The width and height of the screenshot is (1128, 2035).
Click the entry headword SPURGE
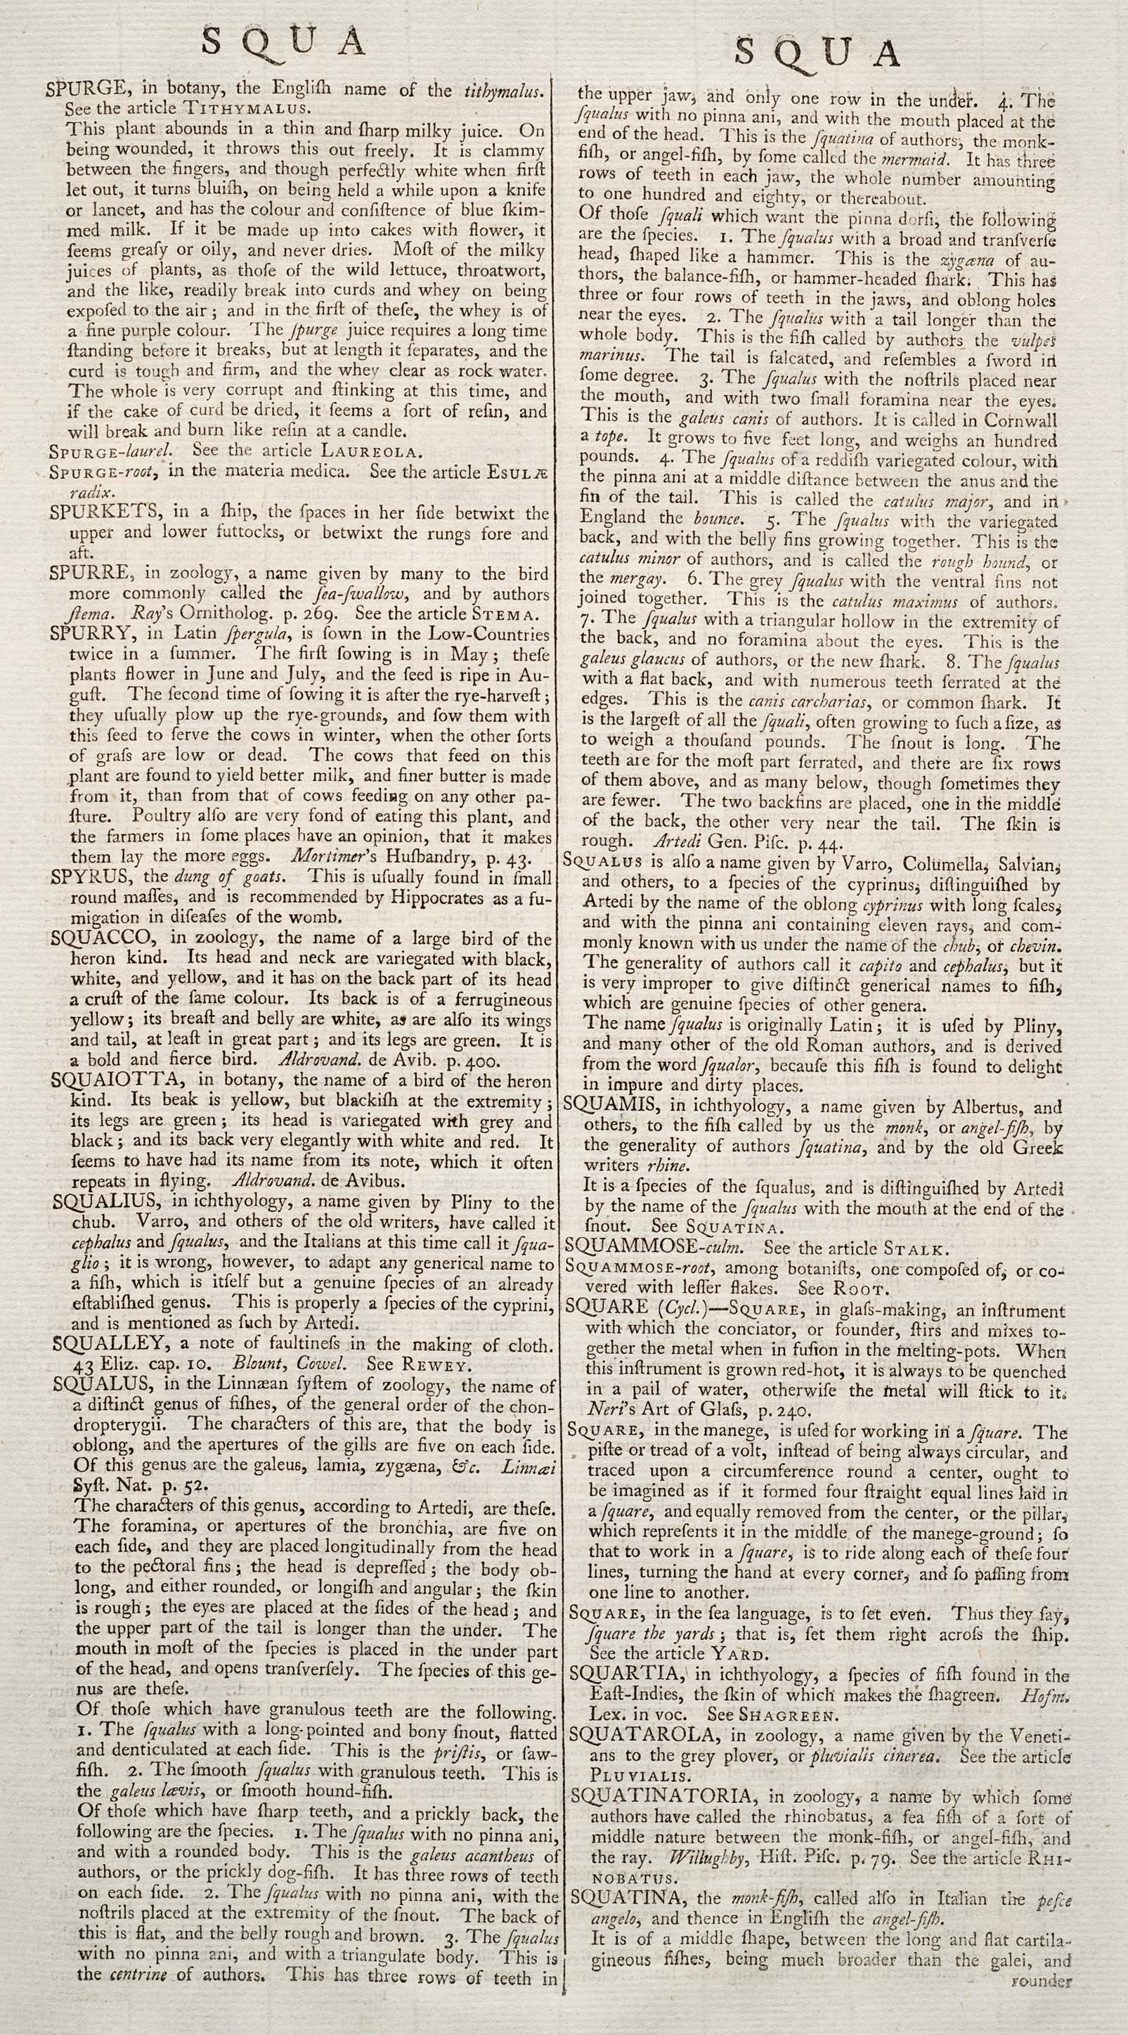pyautogui.click(x=82, y=89)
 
